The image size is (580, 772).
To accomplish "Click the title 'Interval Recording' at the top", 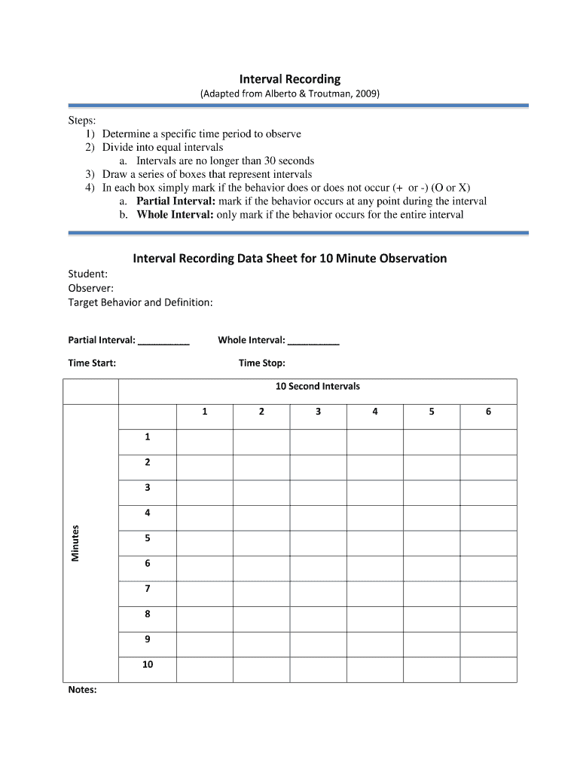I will click(x=290, y=79).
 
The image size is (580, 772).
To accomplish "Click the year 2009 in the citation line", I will click(x=367, y=94).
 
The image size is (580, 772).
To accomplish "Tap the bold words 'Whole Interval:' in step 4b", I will click(x=176, y=215).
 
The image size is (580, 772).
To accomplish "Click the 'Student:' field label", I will click(x=87, y=274).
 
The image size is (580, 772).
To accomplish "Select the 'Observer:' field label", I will click(x=91, y=288).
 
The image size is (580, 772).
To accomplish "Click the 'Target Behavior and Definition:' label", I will click(x=140, y=302).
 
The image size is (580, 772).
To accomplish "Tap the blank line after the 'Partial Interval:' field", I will click(x=164, y=342).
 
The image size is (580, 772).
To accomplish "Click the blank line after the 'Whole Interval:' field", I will click(x=314, y=342).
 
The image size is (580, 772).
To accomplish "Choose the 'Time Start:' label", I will click(x=92, y=363).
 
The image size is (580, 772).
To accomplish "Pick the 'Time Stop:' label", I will click(x=261, y=363).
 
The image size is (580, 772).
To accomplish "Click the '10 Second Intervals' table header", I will click(x=317, y=387).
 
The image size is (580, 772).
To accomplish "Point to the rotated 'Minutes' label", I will click(x=75, y=543).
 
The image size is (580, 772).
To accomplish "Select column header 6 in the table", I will click(x=488, y=412).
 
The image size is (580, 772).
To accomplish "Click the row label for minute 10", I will click(x=148, y=665).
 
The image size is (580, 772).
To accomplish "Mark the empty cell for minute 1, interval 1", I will click(x=204, y=442).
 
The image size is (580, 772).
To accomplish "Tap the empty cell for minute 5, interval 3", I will click(x=318, y=543).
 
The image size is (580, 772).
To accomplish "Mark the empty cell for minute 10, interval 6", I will click(x=488, y=669).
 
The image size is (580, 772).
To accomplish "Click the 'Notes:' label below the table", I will click(x=82, y=690).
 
